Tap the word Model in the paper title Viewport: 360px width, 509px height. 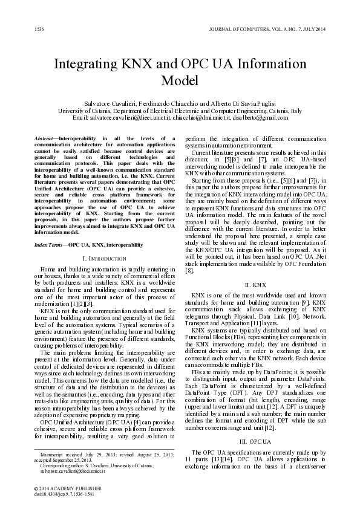pos(180,81)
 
